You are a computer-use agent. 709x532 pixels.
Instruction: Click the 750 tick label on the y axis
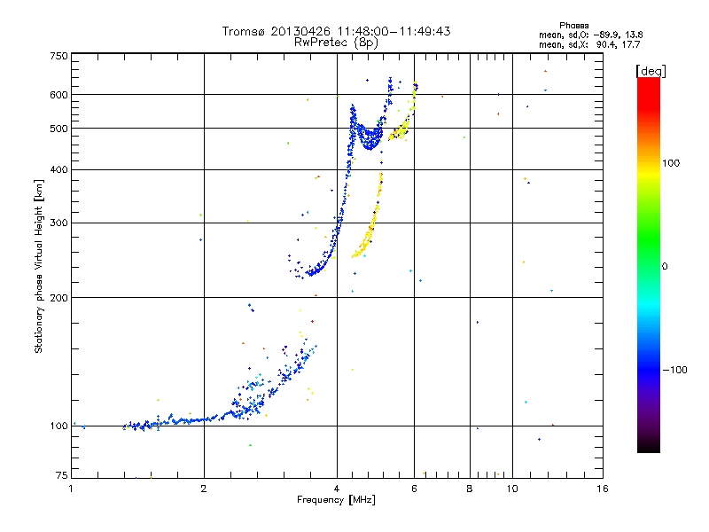coord(58,56)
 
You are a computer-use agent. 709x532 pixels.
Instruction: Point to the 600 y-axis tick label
coord(58,94)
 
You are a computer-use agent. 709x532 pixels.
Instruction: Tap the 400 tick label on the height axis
coord(58,169)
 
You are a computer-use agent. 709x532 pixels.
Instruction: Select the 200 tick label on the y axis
coord(58,297)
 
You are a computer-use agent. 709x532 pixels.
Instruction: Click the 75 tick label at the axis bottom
coord(60,477)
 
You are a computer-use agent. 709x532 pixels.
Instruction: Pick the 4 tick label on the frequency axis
coord(337,489)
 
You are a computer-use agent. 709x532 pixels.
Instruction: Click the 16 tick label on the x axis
coord(602,489)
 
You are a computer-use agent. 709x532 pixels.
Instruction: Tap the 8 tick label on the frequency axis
coord(470,489)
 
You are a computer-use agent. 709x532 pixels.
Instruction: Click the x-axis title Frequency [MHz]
coord(336,501)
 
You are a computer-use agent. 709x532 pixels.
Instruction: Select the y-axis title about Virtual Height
coord(39,266)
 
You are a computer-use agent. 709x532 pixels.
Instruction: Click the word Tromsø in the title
coord(244,31)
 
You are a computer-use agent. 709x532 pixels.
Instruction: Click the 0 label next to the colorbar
coord(666,266)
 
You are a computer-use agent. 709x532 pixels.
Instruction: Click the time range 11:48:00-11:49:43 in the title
coord(386,31)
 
